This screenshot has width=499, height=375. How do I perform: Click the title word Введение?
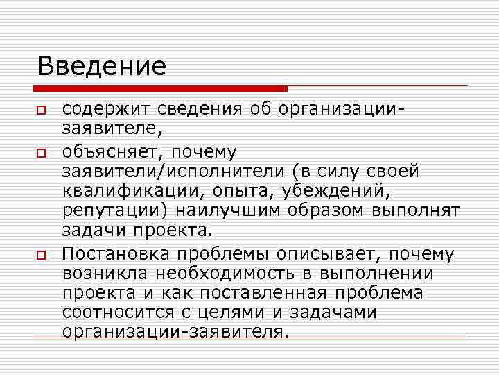pyautogui.click(x=102, y=67)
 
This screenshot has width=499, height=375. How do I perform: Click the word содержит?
pyautogui.click(x=102, y=110)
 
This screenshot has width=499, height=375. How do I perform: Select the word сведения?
pyautogui.click(x=188, y=110)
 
